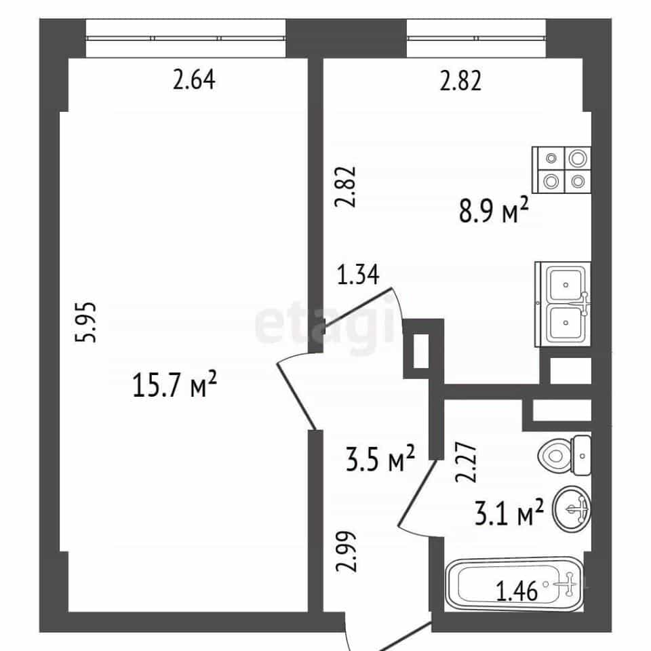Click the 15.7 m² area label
pyautogui.click(x=175, y=384)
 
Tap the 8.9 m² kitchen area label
pyautogui.click(x=494, y=210)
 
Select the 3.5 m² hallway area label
pyautogui.click(x=380, y=458)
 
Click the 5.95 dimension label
pyautogui.click(x=86, y=322)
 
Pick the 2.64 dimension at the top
pyautogui.click(x=195, y=80)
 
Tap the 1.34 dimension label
pyautogui.click(x=358, y=275)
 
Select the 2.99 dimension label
pyautogui.click(x=346, y=552)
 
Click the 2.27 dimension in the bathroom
pyautogui.click(x=466, y=462)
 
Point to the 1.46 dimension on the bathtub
pyautogui.click(x=517, y=591)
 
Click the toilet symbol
pyautogui.click(x=564, y=456)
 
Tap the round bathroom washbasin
pyautogui.click(x=571, y=509)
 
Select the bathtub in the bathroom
pyautogui.click(x=515, y=585)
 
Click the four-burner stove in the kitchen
pyautogui.click(x=561, y=170)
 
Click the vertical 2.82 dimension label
pyautogui.click(x=346, y=186)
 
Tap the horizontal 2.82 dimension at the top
pyautogui.click(x=461, y=81)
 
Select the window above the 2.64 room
pyautogui.click(x=186, y=38)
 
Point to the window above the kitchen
pyautogui.click(x=476, y=38)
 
